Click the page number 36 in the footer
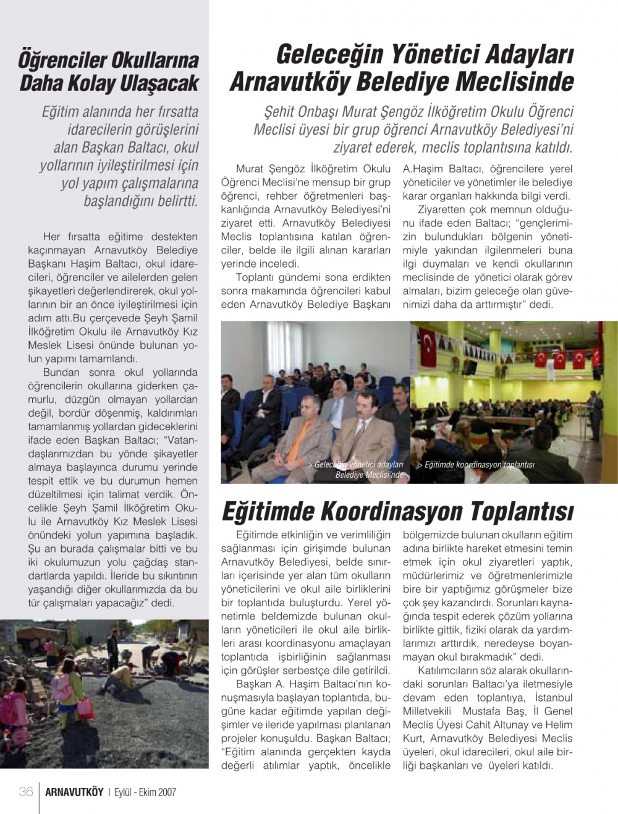25,792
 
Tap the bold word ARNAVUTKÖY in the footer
74,792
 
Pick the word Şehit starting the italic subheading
281,113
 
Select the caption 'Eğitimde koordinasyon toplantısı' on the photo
476,465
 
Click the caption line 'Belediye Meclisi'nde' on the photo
369,475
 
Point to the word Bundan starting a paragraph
61,372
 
